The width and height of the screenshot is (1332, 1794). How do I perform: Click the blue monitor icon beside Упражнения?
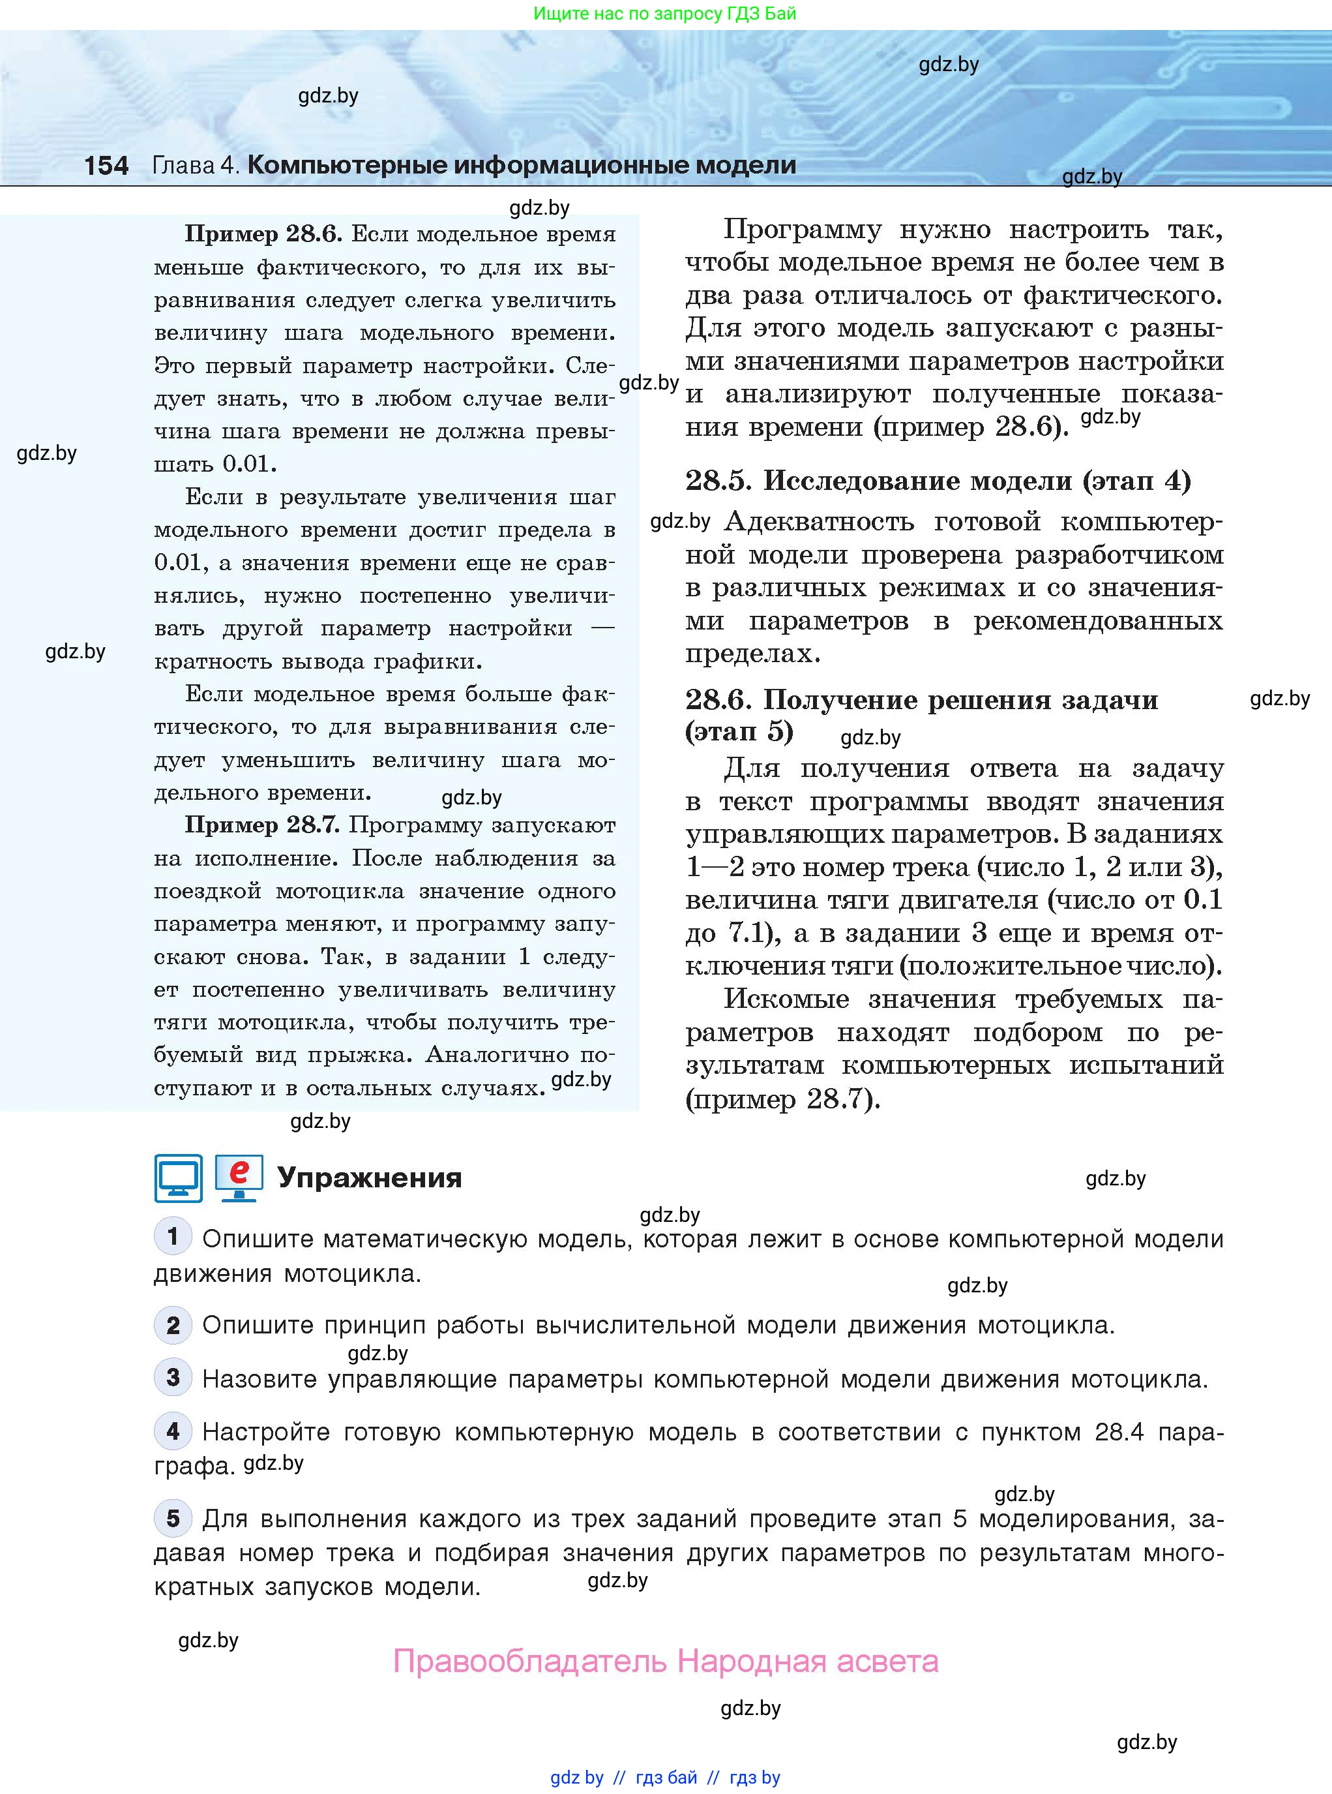[178, 1179]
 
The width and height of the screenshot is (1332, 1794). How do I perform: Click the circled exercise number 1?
[173, 1237]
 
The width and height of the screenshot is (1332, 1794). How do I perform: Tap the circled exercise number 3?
[173, 1378]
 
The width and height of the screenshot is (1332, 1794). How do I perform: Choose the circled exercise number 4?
[173, 1431]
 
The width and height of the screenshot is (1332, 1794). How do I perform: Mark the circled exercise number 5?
[173, 1518]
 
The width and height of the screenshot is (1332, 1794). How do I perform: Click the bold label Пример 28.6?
[263, 234]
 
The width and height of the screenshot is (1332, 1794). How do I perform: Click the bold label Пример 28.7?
[263, 825]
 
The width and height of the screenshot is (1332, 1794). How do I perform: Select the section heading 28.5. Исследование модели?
[937, 481]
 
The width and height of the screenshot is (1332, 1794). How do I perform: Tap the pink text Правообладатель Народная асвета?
[665, 1661]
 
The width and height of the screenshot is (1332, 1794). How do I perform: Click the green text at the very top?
[665, 13]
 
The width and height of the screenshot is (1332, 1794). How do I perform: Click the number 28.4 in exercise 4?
[1119, 1432]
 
